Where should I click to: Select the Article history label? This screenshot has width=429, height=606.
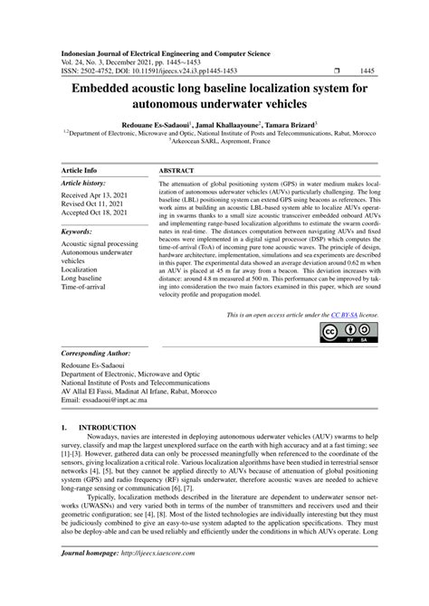click(x=83, y=183)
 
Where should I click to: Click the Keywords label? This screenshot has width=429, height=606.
click(x=79, y=232)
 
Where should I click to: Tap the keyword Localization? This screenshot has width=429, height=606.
click(x=81, y=269)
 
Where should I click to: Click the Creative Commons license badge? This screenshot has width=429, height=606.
click(x=341, y=334)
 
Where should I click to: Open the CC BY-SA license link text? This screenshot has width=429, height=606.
click(x=330, y=314)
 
